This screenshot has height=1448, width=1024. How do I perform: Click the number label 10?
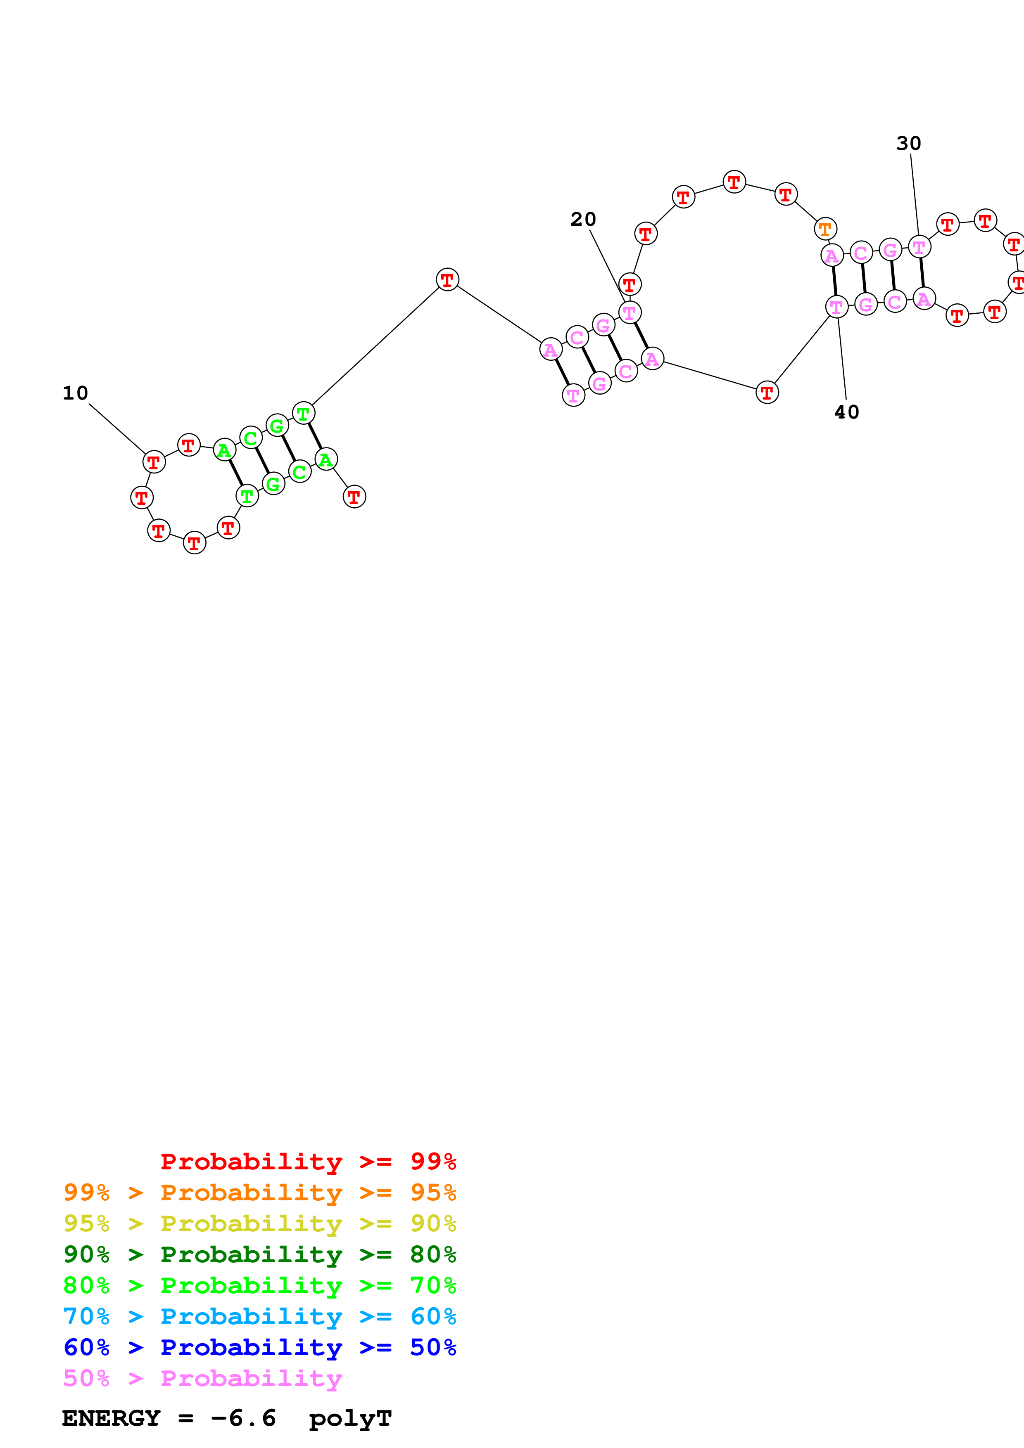click(x=75, y=393)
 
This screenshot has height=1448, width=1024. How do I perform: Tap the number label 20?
click(x=583, y=220)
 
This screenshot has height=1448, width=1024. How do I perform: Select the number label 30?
click(x=908, y=144)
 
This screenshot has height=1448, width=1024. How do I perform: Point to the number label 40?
click(x=847, y=412)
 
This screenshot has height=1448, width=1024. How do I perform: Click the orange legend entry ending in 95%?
click(x=260, y=1192)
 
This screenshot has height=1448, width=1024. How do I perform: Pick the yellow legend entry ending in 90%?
click(x=260, y=1223)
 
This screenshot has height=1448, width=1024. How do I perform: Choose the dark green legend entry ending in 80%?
click(x=260, y=1254)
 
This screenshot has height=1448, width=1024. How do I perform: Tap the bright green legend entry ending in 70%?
click(x=260, y=1285)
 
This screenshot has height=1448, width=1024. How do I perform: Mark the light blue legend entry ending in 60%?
click(x=260, y=1316)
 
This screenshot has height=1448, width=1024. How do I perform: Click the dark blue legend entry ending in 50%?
click(x=260, y=1347)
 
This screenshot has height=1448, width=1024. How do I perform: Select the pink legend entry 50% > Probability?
click(x=202, y=1378)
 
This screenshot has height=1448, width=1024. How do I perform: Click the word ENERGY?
click(x=111, y=1418)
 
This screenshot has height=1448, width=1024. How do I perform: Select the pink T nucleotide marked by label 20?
click(x=630, y=312)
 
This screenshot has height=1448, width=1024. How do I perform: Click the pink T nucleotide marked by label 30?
click(x=919, y=247)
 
